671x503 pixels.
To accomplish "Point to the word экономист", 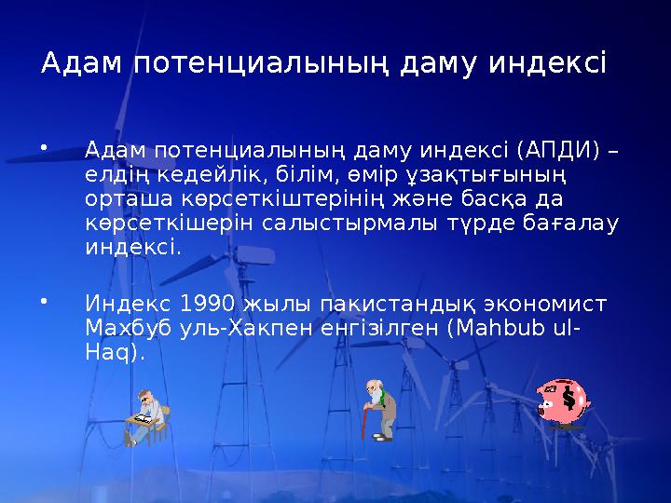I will click(x=548, y=304).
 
